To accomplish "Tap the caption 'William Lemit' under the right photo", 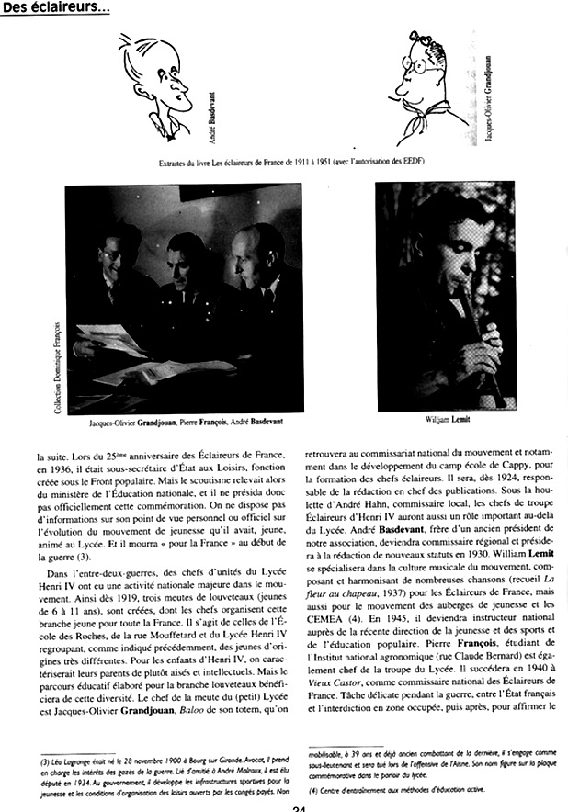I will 445,420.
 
